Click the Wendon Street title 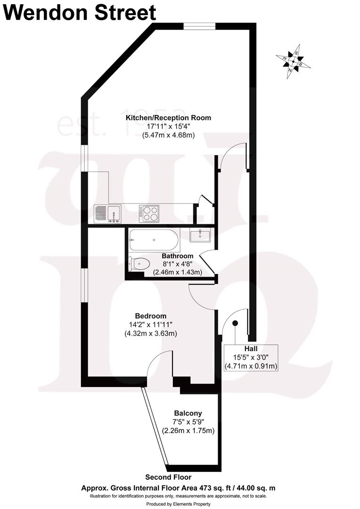tap(80, 13)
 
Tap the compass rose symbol tap(293, 61)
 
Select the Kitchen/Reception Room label tap(172, 118)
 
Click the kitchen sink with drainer tap(107, 214)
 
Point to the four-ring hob tap(149, 213)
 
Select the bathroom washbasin tap(201, 235)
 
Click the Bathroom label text tap(177, 256)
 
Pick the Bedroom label tap(151, 316)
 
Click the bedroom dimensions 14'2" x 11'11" tap(151, 325)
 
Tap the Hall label tap(251, 349)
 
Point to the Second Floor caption tap(166, 477)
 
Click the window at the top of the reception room tap(200, 26)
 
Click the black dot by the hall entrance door tap(235, 323)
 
